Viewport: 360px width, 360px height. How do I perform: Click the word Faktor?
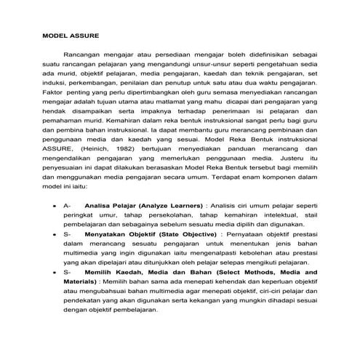click(x=53, y=95)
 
